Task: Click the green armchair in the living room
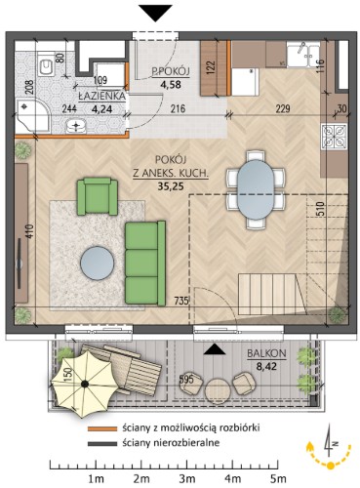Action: pos(98,196)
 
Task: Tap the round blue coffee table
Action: pos(98,263)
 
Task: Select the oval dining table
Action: pos(256,189)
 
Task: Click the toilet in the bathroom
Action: pos(45,67)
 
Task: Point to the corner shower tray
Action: pos(31,115)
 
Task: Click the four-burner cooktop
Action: pos(334,136)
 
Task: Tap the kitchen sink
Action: pos(303,55)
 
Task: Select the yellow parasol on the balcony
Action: pos(85,384)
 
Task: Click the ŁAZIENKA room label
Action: pos(101,96)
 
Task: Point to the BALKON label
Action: pos(266,353)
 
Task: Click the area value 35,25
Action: pos(171,186)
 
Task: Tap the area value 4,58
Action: pos(171,85)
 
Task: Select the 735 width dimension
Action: pos(180,301)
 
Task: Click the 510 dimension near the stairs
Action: pos(320,210)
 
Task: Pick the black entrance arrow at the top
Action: pos(155,14)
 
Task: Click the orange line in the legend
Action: pos(102,428)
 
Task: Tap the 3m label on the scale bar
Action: pos(187,479)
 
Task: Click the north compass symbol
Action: pos(330,447)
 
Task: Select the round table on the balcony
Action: pos(218,390)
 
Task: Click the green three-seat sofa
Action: pos(145,264)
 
